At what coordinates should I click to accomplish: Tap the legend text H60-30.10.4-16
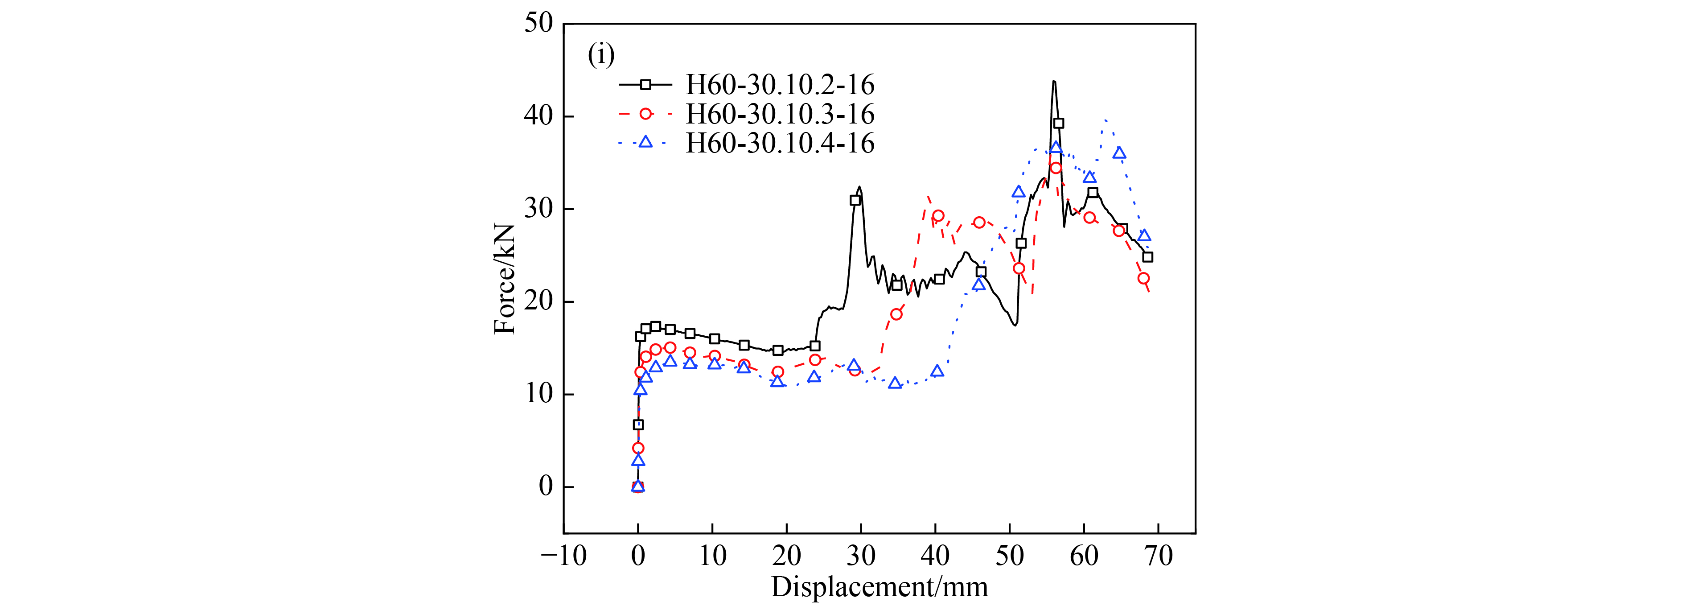[x=779, y=143]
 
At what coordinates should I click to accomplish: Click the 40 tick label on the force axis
[x=538, y=116]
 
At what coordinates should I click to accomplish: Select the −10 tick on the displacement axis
[x=563, y=556]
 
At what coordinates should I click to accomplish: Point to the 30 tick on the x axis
[x=861, y=556]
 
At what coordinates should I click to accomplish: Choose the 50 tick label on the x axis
[x=1009, y=556]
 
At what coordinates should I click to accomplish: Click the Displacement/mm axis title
[x=879, y=587]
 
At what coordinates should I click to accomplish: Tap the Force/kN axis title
[x=504, y=279]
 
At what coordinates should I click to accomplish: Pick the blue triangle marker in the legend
[x=645, y=142]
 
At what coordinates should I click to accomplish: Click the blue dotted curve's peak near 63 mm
[x=1105, y=120]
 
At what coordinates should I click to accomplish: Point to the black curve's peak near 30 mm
[x=859, y=187]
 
